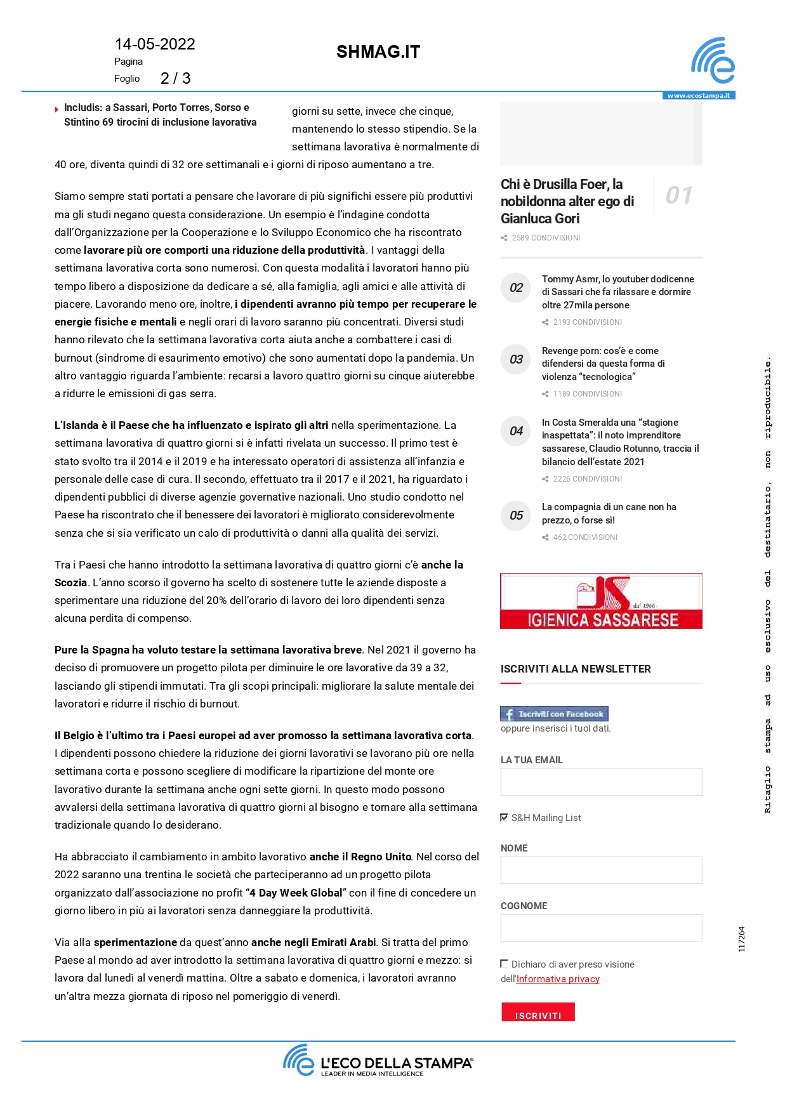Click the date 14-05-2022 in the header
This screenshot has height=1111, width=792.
[155, 44]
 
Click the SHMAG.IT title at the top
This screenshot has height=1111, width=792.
[378, 52]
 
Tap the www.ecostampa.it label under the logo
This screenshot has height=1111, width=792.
[699, 96]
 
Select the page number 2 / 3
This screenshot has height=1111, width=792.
[175, 79]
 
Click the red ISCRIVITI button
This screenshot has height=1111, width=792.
[538, 1012]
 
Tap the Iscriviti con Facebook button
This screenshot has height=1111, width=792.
[554, 714]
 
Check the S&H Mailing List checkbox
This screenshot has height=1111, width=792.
[505, 817]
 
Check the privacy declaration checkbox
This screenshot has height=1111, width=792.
[505, 964]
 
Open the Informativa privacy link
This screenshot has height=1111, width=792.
[558, 979]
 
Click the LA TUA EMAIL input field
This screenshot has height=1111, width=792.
[601, 782]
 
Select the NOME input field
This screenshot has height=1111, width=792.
[601, 870]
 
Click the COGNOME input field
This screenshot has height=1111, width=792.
[601, 928]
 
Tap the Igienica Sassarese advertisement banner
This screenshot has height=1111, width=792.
[601, 601]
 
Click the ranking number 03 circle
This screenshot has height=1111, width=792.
[516, 360]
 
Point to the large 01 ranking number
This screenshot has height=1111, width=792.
[678, 195]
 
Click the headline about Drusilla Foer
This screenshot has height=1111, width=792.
[567, 201]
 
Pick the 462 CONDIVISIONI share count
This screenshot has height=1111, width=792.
[584, 537]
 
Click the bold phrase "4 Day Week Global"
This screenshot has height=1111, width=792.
[296, 893]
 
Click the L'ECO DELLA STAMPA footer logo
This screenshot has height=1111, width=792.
[378, 1062]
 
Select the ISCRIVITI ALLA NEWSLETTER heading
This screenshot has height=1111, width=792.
[576, 669]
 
